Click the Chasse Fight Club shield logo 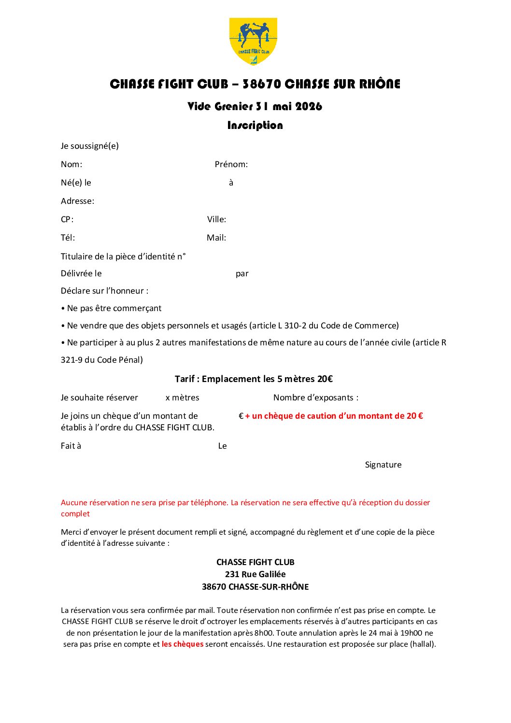tap(253, 41)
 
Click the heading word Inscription tap(255, 126)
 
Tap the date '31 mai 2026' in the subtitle tap(289, 107)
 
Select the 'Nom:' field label tap(71, 165)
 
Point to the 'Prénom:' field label tap(231, 165)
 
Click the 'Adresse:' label tap(77, 201)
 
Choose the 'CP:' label tap(67, 220)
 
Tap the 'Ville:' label tap(216, 220)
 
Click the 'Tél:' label tap(68, 238)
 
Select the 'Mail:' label tap(216, 238)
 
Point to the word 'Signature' tap(383, 465)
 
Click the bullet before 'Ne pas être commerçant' tap(63, 309)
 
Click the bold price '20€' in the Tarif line tap(325, 379)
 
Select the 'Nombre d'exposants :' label tap(316, 398)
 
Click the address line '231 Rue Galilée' tap(255, 574)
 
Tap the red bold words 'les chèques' tap(183, 644)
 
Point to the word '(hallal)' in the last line tap(422, 644)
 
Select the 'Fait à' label tap(71, 446)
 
